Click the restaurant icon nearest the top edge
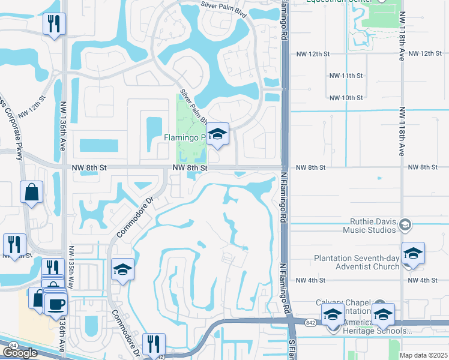click(x=55, y=23)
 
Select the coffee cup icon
click(x=56, y=303)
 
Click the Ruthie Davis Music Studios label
click(x=370, y=224)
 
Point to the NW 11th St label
click(x=346, y=76)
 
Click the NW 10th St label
click(x=346, y=97)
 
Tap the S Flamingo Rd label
click(x=292, y=349)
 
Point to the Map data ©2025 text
click(x=423, y=355)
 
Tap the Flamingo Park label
click(x=185, y=138)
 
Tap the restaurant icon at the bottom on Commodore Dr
click(x=153, y=344)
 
